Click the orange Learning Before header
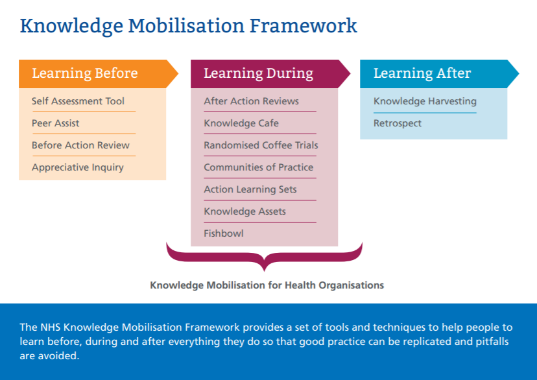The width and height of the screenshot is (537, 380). click(99, 74)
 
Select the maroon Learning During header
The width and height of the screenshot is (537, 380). click(270, 74)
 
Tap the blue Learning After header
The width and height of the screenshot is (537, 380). click(440, 74)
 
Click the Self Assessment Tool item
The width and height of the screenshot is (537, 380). click(78, 101)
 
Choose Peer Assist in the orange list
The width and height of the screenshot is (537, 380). click(56, 123)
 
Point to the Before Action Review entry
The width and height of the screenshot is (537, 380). click(81, 145)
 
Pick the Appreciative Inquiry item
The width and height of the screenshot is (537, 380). click(78, 167)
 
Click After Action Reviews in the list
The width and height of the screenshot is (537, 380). click(252, 101)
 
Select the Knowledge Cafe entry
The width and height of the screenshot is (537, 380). click(241, 123)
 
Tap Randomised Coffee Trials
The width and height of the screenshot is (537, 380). click(261, 145)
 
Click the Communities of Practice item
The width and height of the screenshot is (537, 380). click(259, 167)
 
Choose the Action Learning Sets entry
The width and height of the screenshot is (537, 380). click(250, 189)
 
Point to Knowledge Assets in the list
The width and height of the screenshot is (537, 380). click(245, 211)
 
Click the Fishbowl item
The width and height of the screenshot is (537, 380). click(224, 233)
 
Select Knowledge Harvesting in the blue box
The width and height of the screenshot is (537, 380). click(425, 101)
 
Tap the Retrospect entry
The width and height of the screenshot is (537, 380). click(398, 123)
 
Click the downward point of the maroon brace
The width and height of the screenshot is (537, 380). click(264, 271)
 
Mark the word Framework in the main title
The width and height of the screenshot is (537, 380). click(304, 26)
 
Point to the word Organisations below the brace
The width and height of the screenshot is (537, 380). click(352, 285)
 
